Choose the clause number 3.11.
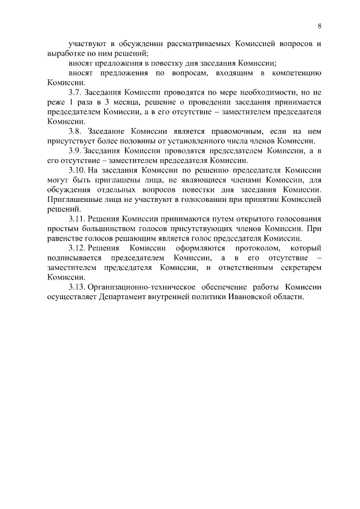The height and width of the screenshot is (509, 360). (x=76, y=218)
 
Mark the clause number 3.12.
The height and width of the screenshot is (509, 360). (x=76, y=247)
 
